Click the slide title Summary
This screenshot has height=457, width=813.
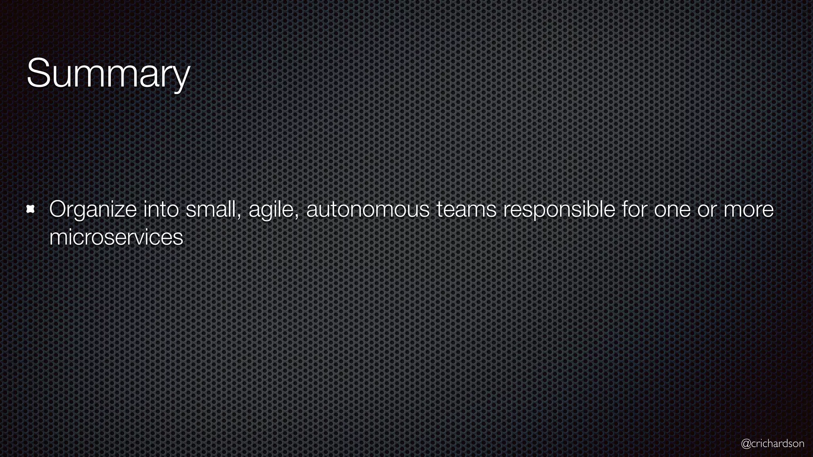point(108,74)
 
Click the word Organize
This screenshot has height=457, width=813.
point(93,209)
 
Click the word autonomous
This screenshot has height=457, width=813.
point(368,209)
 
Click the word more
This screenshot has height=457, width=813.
point(748,209)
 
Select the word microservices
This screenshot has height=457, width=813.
point(116,237)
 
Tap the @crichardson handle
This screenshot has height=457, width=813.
point(773,444)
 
